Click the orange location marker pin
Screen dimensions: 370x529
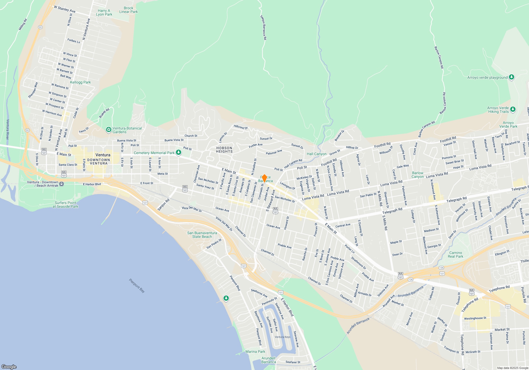tap(264, 178)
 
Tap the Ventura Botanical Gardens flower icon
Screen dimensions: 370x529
tap(108, 130)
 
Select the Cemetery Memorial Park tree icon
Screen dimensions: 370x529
tap(179, 152)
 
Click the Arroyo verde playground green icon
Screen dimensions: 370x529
tap(512, 77)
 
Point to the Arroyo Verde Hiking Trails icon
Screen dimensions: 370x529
tap(513, 109)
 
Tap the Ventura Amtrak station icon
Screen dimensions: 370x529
tap(62, 184)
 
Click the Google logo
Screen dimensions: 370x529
tap(9, 367)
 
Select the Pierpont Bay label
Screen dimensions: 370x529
tap(137, 285)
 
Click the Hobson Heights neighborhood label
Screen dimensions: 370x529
tap(224, 150)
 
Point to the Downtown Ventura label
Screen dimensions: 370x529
tap(99, 161)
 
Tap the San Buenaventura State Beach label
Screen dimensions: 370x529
tap(202, 235)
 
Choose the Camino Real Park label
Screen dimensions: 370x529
tap(455, 255)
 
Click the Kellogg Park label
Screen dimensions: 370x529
tap(80, 82)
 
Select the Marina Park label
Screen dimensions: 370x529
tap(255, 351)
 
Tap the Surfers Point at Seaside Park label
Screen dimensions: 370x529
tap(65, 205)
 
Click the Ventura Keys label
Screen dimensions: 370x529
tap(282, 337)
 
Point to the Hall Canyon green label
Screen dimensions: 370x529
tap(317, 154)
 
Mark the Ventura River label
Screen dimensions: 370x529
tap(8, 129)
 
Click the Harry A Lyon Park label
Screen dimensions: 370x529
tap(104, 12)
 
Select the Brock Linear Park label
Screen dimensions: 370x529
tap(129, 10)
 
